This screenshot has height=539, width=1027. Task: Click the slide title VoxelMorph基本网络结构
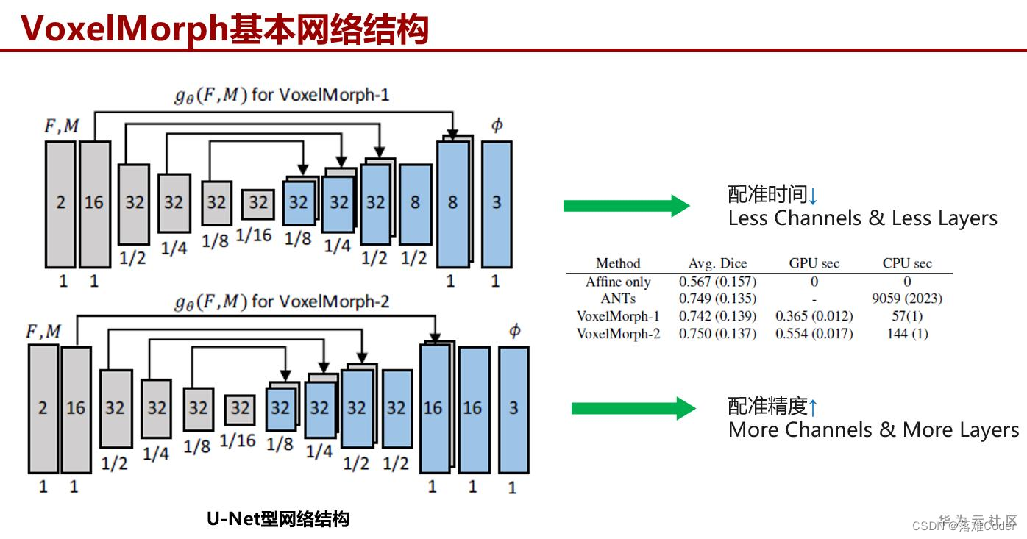coord(224,29)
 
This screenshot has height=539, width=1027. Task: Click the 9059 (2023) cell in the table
coord(906,299)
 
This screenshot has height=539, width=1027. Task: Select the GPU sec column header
coord(814,263)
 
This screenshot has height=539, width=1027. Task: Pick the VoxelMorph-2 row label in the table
coord(618,334)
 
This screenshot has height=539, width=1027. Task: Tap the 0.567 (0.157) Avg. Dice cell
coord(717,282)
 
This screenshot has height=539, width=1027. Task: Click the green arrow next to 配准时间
coord(625,206)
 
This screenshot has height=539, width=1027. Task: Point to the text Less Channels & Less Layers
coord(862,218)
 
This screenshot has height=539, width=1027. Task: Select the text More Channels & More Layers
coord(873,430)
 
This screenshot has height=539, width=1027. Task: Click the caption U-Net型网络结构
coord(278,519)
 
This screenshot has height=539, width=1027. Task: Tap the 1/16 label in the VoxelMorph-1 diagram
coord(253,235)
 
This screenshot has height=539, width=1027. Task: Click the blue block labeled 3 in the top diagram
coord(497,204)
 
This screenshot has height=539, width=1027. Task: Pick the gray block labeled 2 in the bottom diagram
coord(43,408)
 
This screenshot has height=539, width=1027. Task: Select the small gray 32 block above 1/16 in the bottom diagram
coord(240,410)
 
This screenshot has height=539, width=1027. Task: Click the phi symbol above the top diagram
coord(497,125)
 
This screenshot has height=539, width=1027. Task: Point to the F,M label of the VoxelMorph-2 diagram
coord(43,332)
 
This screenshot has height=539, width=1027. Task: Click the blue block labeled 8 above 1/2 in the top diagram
coord(415,204)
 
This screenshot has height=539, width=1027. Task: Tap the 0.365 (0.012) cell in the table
coord(814,316)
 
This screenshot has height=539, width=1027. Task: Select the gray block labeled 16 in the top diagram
coord(94,204)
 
